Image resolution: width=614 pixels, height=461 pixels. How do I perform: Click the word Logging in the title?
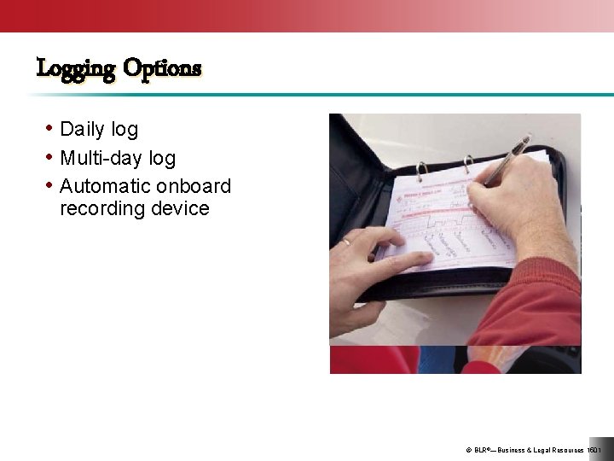point(75,68)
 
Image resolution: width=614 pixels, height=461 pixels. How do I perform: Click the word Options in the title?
point(162,68)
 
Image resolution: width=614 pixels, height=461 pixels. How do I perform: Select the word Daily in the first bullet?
point(82,130)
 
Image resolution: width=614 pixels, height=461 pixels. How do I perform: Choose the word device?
point(181,209)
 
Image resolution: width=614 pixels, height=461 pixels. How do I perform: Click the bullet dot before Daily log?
point(50,129)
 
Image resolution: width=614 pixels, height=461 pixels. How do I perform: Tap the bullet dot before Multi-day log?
point(50,158)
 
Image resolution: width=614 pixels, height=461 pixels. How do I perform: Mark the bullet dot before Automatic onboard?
point(50,185)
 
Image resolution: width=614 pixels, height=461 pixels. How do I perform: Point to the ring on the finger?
point(347,242)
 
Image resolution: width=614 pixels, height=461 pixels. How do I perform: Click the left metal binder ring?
point(420,171)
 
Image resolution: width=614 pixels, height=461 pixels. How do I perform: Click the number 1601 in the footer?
point(594,450)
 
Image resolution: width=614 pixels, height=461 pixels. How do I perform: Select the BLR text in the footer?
point(483,450)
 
